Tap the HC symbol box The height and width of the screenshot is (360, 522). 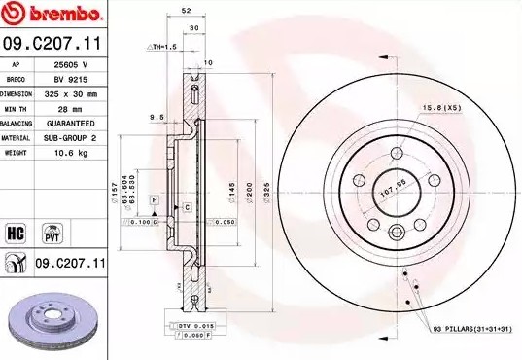(x=16, y=233)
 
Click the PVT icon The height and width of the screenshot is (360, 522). (x=52, y=233)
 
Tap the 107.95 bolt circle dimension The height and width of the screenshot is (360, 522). (x=392, y=177)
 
